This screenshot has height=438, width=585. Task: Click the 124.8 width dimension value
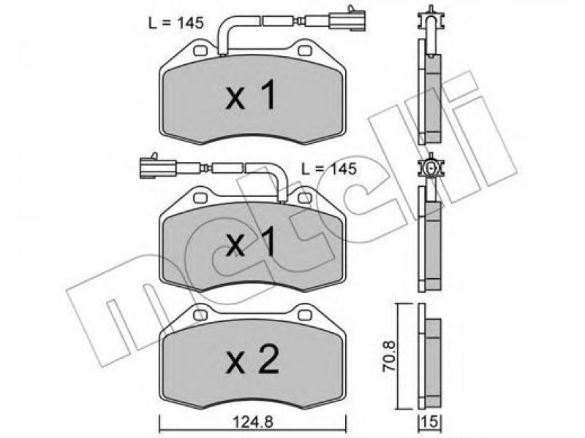pyautogui.click(x=253, y=422)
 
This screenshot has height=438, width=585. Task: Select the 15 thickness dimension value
pyautogui.click(x=430, y=422)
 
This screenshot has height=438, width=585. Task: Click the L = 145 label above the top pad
pyautogui.click(x=175, y=23)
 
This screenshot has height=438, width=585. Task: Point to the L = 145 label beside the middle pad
pyautogui.click(x=329, y=169)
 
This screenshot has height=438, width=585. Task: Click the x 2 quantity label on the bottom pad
pyautogui.click(x=252, y=359)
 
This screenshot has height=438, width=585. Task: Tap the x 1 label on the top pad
pyautogui.click(x=251, y=95)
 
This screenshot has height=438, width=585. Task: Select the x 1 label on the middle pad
pyautogui.click(x=251, y=242)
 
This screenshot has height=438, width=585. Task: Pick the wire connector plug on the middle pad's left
pyautogui.click(x=157, y=167)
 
